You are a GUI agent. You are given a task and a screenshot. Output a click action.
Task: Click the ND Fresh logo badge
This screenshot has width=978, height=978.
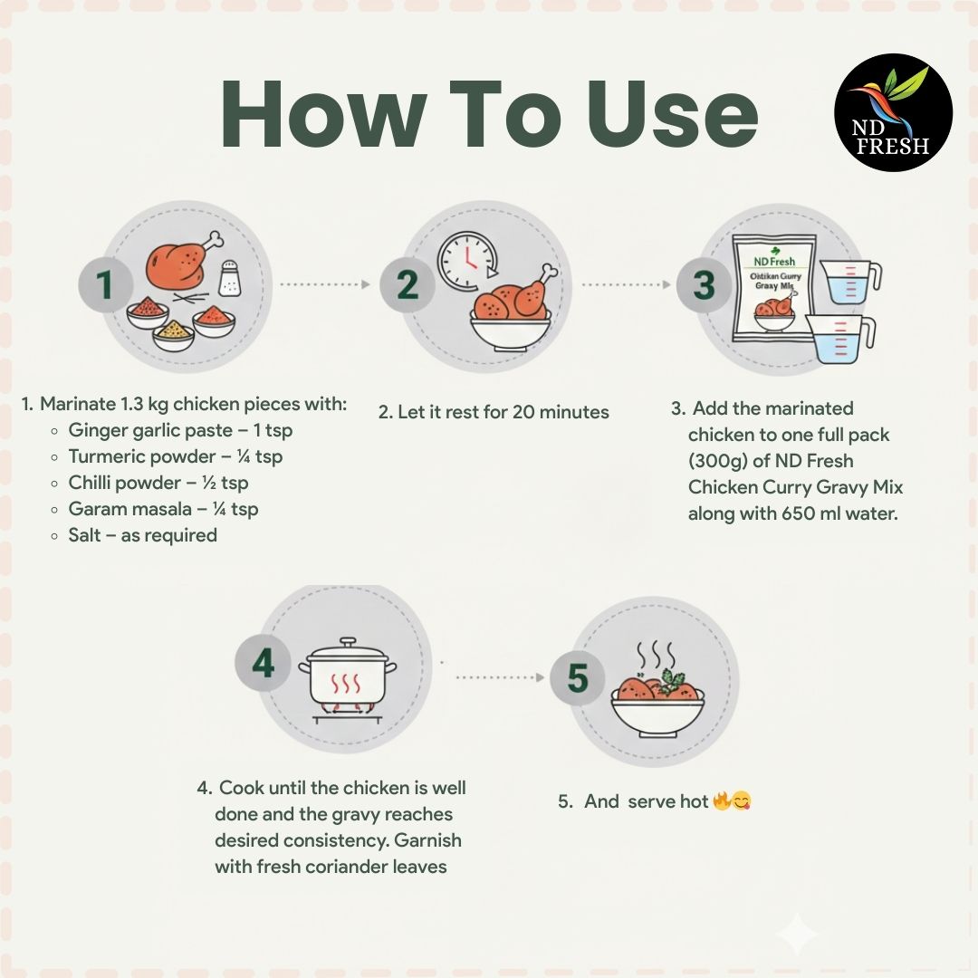point(893,112)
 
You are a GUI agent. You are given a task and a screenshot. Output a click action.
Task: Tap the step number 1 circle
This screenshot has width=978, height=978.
point(105,284)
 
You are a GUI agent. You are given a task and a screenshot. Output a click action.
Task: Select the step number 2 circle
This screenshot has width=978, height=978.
point(407,285)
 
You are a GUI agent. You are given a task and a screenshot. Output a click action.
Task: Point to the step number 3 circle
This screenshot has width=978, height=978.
point(704,285)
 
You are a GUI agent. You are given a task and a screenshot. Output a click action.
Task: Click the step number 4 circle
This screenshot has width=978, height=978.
point(263,663)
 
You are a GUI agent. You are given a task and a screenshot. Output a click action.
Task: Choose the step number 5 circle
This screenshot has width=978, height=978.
point(578,678)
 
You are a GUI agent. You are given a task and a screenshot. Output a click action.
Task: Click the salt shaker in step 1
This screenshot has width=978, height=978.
point(229,278)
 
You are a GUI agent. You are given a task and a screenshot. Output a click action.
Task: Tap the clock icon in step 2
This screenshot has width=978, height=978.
point(467,261)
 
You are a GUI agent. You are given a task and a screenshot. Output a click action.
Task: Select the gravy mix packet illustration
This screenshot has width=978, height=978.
point(774,287)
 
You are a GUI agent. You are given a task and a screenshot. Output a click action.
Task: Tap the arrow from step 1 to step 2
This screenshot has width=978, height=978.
point(325,284)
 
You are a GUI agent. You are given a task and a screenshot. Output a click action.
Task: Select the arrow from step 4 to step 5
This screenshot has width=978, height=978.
point(500,677)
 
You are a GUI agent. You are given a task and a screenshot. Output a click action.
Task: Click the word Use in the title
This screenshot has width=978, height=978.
point(672,115)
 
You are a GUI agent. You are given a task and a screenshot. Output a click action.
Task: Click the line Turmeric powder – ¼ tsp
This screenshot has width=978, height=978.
point(176,456)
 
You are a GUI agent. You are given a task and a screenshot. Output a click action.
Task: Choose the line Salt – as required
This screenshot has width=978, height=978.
point(143,535)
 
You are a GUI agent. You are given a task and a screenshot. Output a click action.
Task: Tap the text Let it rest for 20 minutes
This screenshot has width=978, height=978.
point(503,412)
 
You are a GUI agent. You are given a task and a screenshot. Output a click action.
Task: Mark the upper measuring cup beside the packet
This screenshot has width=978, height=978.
point(849,281)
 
